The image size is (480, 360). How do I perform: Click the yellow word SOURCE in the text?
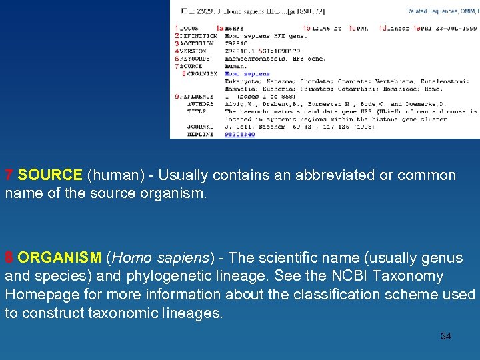point(50,175)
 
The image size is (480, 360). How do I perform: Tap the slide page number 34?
point(445,336)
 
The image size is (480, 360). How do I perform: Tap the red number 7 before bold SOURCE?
point(9,175)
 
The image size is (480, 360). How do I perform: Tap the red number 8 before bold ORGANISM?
point(9,258)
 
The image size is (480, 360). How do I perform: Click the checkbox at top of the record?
point(185,11)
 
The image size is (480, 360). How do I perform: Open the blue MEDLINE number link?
point(239,134)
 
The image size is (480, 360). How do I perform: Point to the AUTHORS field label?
point(201,104)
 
